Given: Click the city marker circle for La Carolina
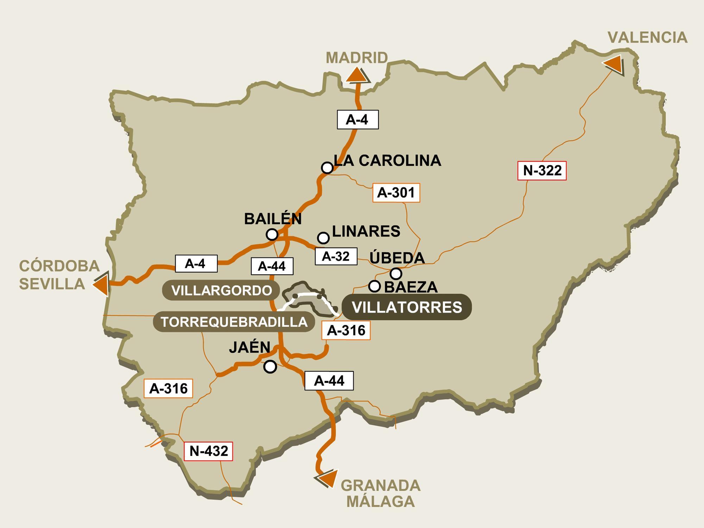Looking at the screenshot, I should (x=327, y=168).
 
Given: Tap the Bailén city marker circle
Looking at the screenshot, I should (x=272, y=234).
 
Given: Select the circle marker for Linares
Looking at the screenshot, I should (x=323, y=238).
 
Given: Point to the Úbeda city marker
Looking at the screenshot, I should (x=396, y=273).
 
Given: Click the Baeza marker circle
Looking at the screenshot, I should (x=375, y=286).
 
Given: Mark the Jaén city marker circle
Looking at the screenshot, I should (x=270, y=367).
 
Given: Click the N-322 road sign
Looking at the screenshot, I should (x=542, y=171).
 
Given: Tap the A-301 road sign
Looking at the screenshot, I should (x=396, y=193).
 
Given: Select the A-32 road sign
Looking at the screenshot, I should (x=336, y=256).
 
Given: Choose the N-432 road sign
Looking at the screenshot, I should (x=208, y=451).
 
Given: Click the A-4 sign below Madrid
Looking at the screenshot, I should (x=358, y=120).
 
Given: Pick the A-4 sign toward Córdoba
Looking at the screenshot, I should (x=196, y=263).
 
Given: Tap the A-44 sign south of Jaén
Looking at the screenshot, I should (x=329, y=381).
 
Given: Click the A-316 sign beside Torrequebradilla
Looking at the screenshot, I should (x=346, y=330).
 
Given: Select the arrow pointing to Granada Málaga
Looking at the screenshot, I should (x=327, y=478).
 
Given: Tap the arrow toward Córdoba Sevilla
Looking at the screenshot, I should (x=101, y=284).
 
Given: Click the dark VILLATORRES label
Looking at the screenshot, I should (x=407, y=307).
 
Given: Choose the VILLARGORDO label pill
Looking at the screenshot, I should (x=221, y=290).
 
